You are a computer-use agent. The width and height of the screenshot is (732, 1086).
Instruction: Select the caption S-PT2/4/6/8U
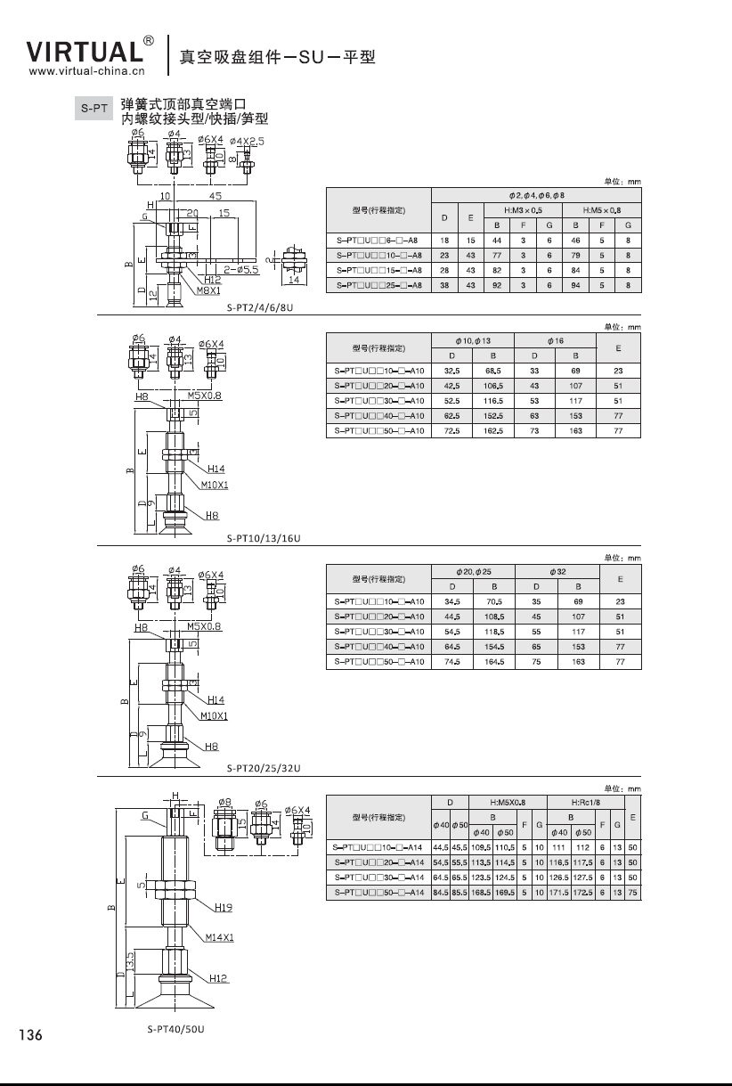pyautogui.click(x=260, y=307)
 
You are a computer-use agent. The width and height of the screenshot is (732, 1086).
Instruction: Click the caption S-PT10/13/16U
pyautogui.click(x=264, y=538)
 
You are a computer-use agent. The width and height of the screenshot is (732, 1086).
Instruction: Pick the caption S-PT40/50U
pyautogui.click(x=176, y=1029)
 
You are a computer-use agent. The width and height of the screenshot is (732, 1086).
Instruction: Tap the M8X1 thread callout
pyautogui.click(x=207, y=290)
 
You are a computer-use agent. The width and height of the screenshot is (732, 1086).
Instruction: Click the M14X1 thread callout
pyautogui.click(x=219, y=937)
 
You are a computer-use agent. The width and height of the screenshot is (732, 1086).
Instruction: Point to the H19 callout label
pyautogui.click(x=224, y=908)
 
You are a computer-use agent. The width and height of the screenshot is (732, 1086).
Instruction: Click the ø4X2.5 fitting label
pyautogui.click(x=247, y=141)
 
